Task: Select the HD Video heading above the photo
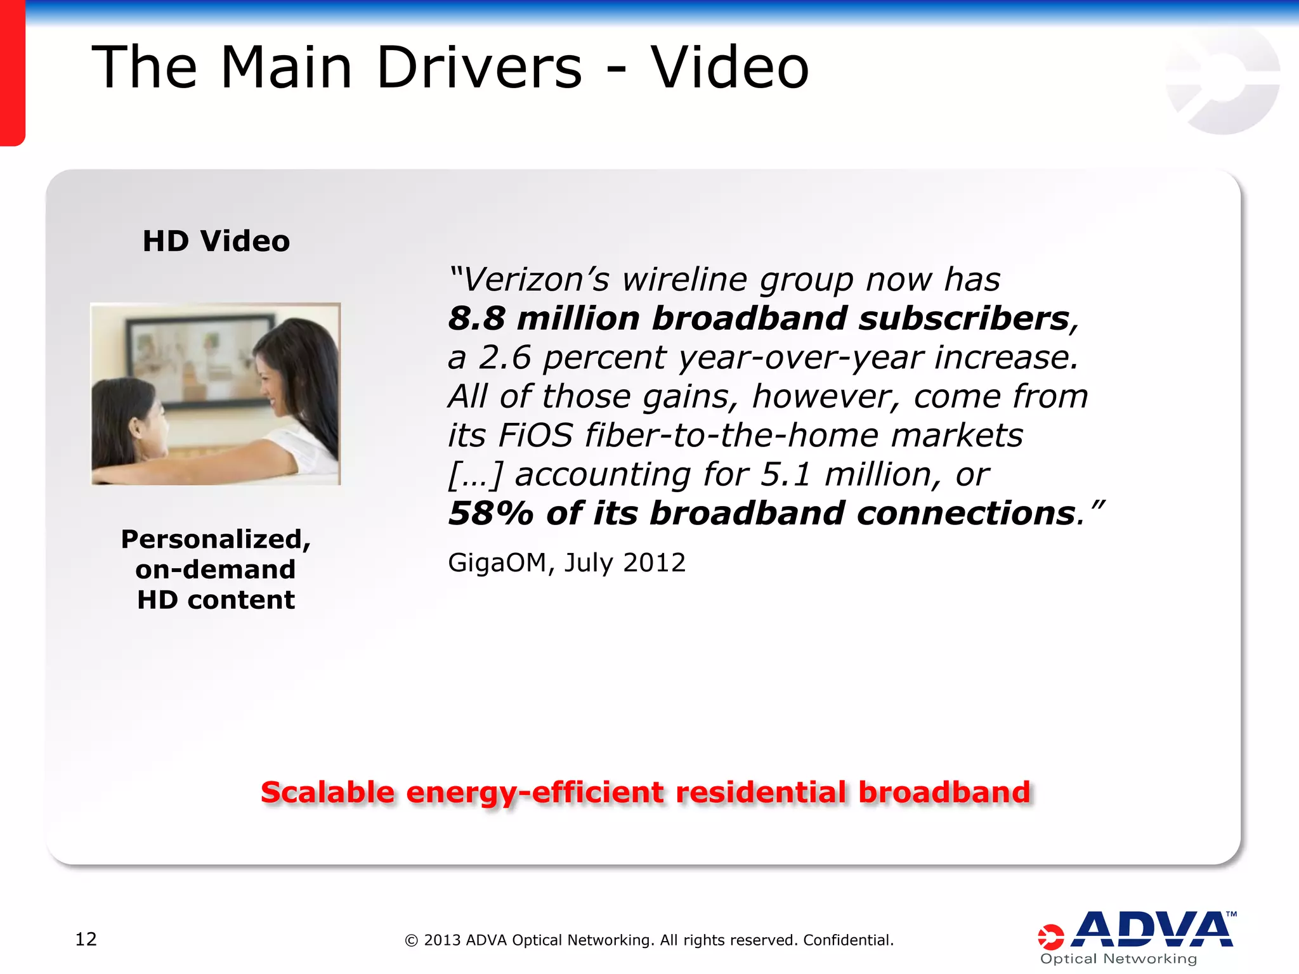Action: (x=216, y=241)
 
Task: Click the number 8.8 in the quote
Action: (x=476, y=318)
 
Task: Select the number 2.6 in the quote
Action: (x=504, y=358)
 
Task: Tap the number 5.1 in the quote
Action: (x=786, y=475)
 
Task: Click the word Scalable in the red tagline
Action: (x=328, y=793)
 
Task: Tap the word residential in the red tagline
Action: (x=760, y=793)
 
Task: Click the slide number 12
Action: (x=86, y=939)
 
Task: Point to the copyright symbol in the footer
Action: (x=412, y=940)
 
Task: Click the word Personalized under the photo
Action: (x=216, y=540)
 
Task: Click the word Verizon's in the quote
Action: (x=536, y=280)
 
